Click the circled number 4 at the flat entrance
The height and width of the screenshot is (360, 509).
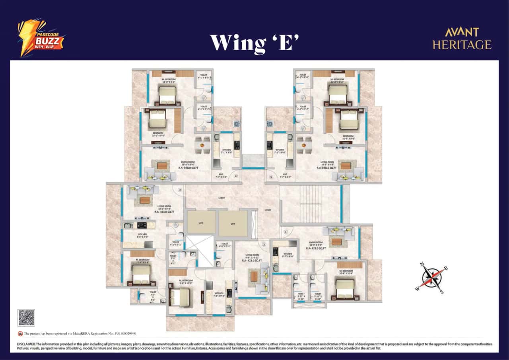(x=236, y=176)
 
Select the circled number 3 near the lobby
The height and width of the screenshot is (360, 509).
(x=180, y=190)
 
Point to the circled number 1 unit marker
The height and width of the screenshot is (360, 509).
(x=285, y=232)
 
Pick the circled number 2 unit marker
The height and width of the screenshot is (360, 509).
(x=264, y=245)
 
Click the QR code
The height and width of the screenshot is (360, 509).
(x=26, y=317)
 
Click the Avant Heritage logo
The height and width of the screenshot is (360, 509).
(x=462, y=39)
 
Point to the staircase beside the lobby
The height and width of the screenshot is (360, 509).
(x=311, y=204)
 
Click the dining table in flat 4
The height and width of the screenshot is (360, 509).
(x=202, y=145)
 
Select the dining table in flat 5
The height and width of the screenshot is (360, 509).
(x=305, y=145)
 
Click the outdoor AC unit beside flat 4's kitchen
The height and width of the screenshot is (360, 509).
(x=236, y=124)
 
